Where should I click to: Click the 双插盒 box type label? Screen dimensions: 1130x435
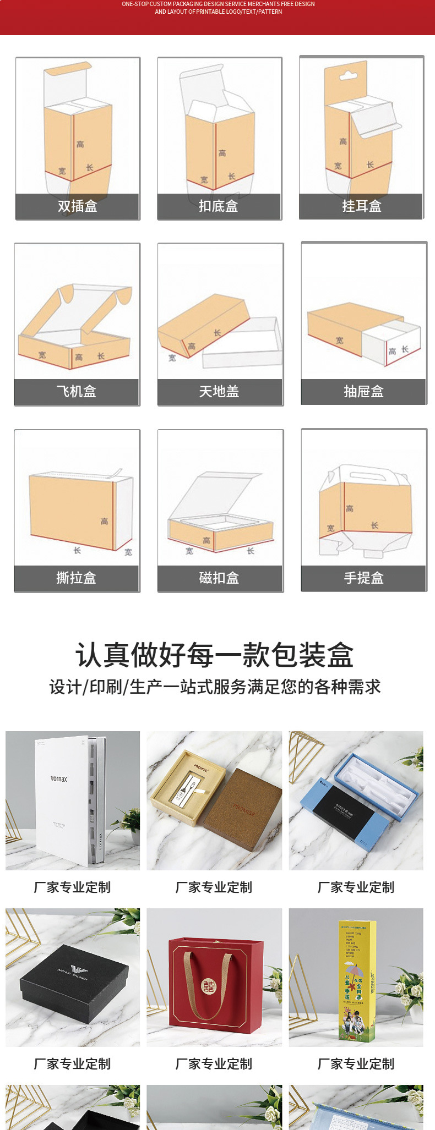[78, 206]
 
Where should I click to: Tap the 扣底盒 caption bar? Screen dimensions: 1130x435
[219, 206]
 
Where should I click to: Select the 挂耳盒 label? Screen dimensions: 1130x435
[361, 206]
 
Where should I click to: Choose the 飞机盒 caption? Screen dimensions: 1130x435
[77, 392]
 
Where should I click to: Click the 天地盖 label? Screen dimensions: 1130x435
[219, 392]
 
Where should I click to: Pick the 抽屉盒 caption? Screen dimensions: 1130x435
[363, 392]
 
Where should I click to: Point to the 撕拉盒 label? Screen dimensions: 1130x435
[77, 578]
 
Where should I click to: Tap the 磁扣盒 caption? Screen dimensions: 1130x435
[219, 578]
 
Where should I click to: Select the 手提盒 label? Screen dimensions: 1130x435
[363, 578]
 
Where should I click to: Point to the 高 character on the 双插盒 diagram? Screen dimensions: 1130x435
[80, 145]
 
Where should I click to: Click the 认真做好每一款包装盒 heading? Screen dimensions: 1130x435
[215, 655]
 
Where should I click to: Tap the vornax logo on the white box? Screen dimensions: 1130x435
[59, 779]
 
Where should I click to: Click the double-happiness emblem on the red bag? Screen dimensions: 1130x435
[209, 986]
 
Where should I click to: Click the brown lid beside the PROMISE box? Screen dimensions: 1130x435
[245, 808]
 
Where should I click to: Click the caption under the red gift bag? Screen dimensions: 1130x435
[214, 1064]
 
